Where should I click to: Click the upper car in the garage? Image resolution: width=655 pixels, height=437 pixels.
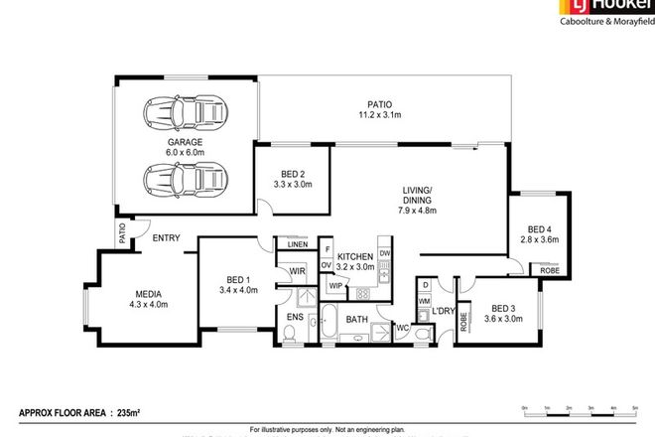click(x=184, y=113)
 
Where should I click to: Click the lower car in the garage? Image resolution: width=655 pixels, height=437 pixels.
click(x=184, y=181)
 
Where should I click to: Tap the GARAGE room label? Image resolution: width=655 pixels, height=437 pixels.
click(x=185, y=147)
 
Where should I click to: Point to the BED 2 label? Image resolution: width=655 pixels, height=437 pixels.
click(x=292, y=179)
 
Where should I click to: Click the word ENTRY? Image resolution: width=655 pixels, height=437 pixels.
click(x=166, y=237)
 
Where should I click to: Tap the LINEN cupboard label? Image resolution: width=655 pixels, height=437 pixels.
click(x=297, y=244)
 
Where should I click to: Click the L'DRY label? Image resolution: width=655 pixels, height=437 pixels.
click(x=441, y=314)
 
